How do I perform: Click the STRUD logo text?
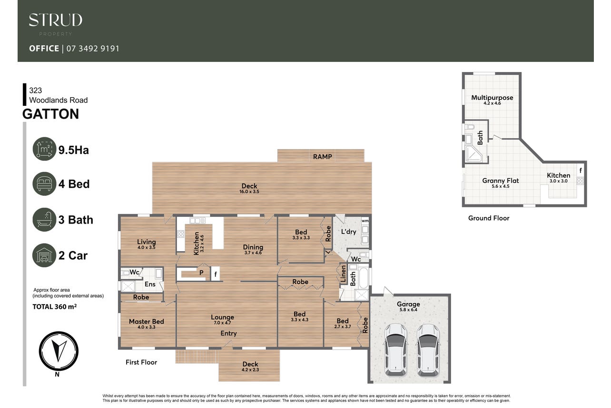point(56,20)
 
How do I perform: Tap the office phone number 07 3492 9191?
point(93,49)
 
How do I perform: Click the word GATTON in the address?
point(51,114)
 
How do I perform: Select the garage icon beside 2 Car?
point(44,255)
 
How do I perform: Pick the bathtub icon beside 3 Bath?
point(44,220)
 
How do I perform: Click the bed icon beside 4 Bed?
point(44,184)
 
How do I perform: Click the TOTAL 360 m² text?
point(55,306)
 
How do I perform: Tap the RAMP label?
point(323,157)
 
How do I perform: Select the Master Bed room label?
point(147,321)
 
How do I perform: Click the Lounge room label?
point(222,317)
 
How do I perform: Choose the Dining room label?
point(253,247)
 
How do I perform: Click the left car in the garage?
point(395,350)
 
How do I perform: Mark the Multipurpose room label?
point(492,98)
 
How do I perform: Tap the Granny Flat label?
point(501,180)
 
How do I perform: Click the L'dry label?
point(349,232)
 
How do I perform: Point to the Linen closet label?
point(344,274)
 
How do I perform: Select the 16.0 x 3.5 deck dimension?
point(249,192)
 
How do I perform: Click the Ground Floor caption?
point(489,218)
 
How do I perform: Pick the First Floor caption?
point(141,362)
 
